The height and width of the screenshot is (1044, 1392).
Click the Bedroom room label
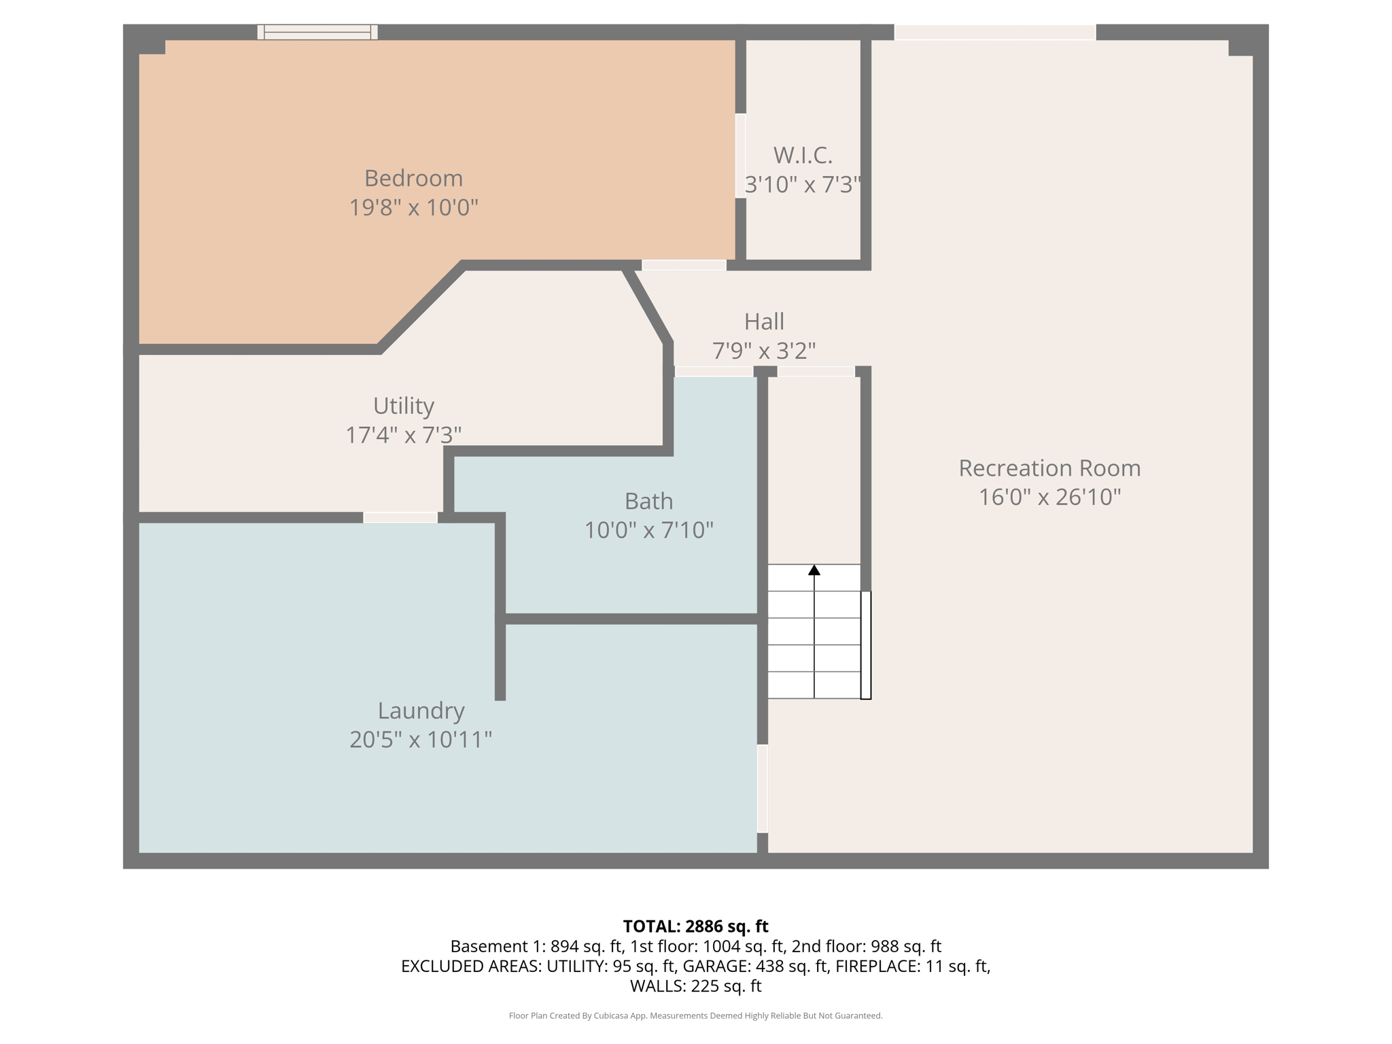click(x=413, y=178)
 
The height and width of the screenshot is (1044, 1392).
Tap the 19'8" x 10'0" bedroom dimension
click(x=413, y=207)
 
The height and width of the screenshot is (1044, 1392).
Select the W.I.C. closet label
click(x=803, y=156)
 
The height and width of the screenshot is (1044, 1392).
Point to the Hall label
click(x=764, y=321)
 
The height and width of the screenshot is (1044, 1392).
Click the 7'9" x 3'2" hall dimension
click(x=764, y=351)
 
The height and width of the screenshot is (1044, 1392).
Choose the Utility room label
click(x=404, y=406)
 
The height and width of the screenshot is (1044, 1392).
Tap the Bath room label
click(x=649, y=501)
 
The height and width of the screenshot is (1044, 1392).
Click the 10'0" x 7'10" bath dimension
click(x=649, y=530)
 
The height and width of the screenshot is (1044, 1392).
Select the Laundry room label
click(x=421, y=711)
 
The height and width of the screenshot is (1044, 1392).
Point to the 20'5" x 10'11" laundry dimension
click(x=421, y=739)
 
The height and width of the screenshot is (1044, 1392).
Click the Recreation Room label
click(x=1049, y=468)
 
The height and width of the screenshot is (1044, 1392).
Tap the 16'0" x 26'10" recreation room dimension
click(x=1049, y=498)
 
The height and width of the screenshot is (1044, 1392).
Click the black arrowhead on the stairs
click(x=814, y=570)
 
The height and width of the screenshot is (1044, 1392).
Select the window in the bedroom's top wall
click(x=317, y=32)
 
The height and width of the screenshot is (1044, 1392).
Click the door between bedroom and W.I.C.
click(x=741, y=156)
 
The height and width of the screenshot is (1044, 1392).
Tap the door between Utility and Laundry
click(x=400, y=518)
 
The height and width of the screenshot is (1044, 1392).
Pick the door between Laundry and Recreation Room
click(x=763, y=788)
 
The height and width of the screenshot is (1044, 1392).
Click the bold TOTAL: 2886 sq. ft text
click(x=695, y=926)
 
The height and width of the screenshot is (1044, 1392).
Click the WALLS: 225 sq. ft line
click(x=695, y=986)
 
